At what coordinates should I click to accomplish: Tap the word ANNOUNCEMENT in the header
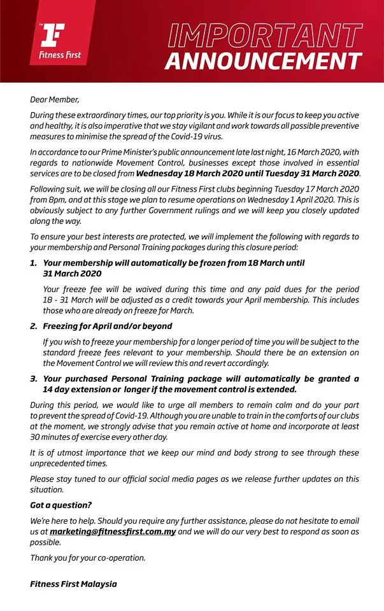pos(264,61)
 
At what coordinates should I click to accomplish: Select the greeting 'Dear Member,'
pos(56,99)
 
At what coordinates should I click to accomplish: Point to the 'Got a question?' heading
pos(60,505)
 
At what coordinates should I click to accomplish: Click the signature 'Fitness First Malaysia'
pos(74,583)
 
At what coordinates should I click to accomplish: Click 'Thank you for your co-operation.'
pos(88,558)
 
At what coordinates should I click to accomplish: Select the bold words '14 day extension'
pos(79,389)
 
